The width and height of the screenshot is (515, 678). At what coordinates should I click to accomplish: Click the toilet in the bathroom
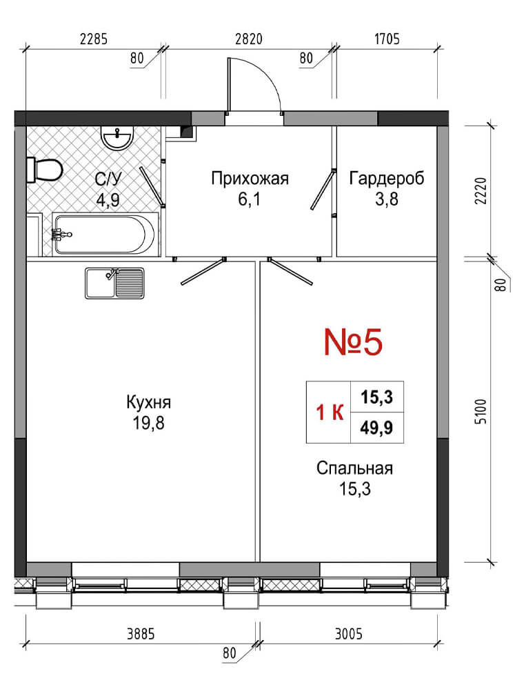(45, 170)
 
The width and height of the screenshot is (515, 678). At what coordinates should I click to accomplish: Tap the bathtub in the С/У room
(103, 234)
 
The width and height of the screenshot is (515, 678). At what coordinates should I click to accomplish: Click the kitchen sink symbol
(114, 283)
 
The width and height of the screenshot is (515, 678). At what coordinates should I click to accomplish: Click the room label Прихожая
(250, 178)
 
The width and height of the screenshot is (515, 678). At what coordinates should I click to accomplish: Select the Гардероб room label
(387, 178)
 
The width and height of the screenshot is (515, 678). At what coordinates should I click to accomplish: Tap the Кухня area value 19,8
(148, 423)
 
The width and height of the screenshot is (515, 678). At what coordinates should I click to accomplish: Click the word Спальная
(354, 468)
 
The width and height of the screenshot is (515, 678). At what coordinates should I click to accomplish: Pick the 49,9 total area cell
(376, 428)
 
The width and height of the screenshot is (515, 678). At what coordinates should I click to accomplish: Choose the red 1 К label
(330, 413)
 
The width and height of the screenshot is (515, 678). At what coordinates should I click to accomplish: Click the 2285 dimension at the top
(93, 39)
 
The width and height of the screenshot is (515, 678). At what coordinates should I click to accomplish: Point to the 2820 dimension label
(249, 39)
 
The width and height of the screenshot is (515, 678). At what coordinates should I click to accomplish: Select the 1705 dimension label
(387, 39)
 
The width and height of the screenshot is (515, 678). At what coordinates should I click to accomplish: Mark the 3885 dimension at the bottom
(141, 635)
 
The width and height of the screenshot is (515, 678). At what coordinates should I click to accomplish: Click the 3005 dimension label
(349, 635)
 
